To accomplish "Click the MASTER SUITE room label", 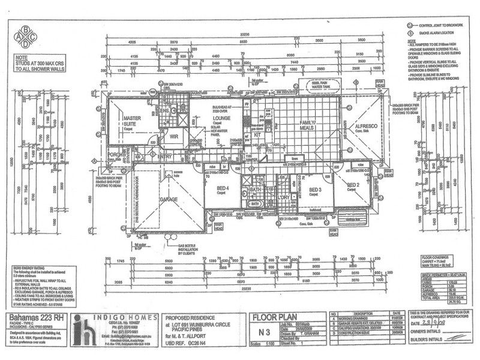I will [131, 122].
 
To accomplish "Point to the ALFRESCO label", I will [365, 126].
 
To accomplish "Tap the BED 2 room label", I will [353, 185].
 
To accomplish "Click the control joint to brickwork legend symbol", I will [410, 26].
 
